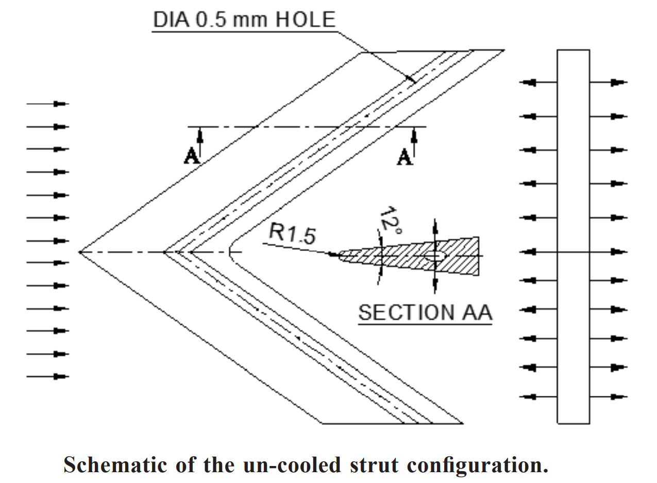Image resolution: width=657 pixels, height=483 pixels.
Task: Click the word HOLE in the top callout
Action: pyautogui.click(x=306, y=20)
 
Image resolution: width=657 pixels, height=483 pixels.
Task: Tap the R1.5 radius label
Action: pyautogui.click(x=292, y=234)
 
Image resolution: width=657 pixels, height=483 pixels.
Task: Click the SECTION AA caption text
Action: pyautogui.click(x=425, y=312)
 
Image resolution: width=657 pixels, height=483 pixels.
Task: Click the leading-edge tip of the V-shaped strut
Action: pyautogui.click(x=80, y=252)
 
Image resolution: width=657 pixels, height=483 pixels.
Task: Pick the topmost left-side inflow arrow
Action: pyautogui.click(x=48, y=104)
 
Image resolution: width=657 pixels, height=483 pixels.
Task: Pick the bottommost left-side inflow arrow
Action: pyautogui.click(x=48, y=376)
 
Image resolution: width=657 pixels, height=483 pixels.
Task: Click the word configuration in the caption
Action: pyautogui.click(x=477, y=464)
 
